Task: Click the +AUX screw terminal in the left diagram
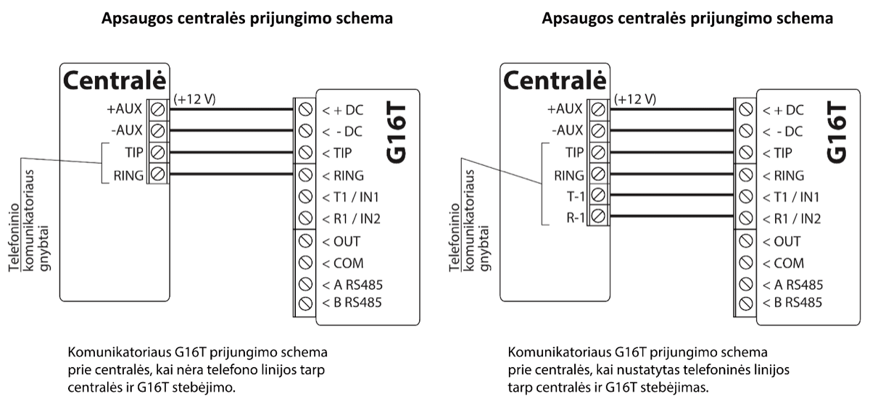click(x=157, y=109)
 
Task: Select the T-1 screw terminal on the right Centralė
click(x=598, y=195)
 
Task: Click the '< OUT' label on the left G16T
click(x=341, y=240)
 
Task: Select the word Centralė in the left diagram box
click(x=115, y=80)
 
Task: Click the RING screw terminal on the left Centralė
click(x=157, y=174)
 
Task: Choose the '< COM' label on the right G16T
click(x=783, y=263)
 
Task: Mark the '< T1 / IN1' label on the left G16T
click(x=351, y=197)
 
